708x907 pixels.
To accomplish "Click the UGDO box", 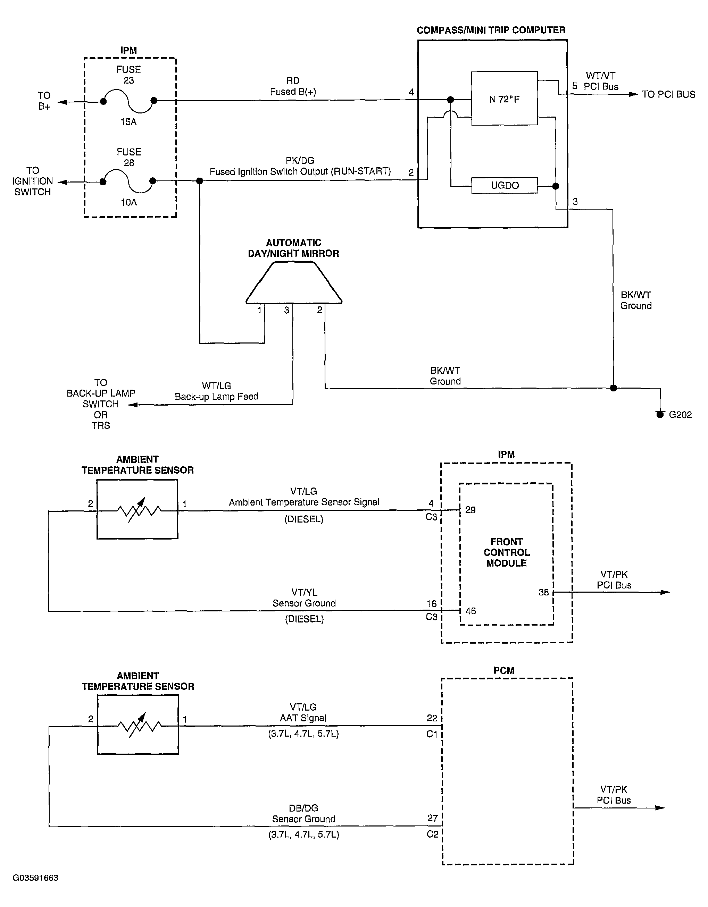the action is [x=505, y=185].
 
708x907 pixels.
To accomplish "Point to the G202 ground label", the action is [x=680, y=414].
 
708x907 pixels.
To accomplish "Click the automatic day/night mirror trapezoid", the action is [x=294, y=283].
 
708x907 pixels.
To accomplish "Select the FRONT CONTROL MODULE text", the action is [x=507, y=552].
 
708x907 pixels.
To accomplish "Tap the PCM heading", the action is [x=503, y=670].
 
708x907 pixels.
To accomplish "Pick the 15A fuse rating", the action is [x=128, y=122].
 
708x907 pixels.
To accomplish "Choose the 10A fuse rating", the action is [x=128, y=202].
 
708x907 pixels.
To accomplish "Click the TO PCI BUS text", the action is [x=668, y=94].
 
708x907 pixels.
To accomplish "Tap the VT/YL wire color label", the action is [x=304, y=592].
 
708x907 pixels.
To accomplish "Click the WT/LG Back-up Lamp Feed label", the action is [x=216, y=391].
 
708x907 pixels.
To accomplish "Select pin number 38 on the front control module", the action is [x=543, y=593].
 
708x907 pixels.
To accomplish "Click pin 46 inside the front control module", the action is [x=471, y=611].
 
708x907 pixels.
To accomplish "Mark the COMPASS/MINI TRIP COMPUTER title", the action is [x=491, y=30].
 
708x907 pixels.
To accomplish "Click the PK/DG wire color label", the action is [x=300, y=160].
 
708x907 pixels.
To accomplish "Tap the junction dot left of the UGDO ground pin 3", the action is [x=556, y=186].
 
